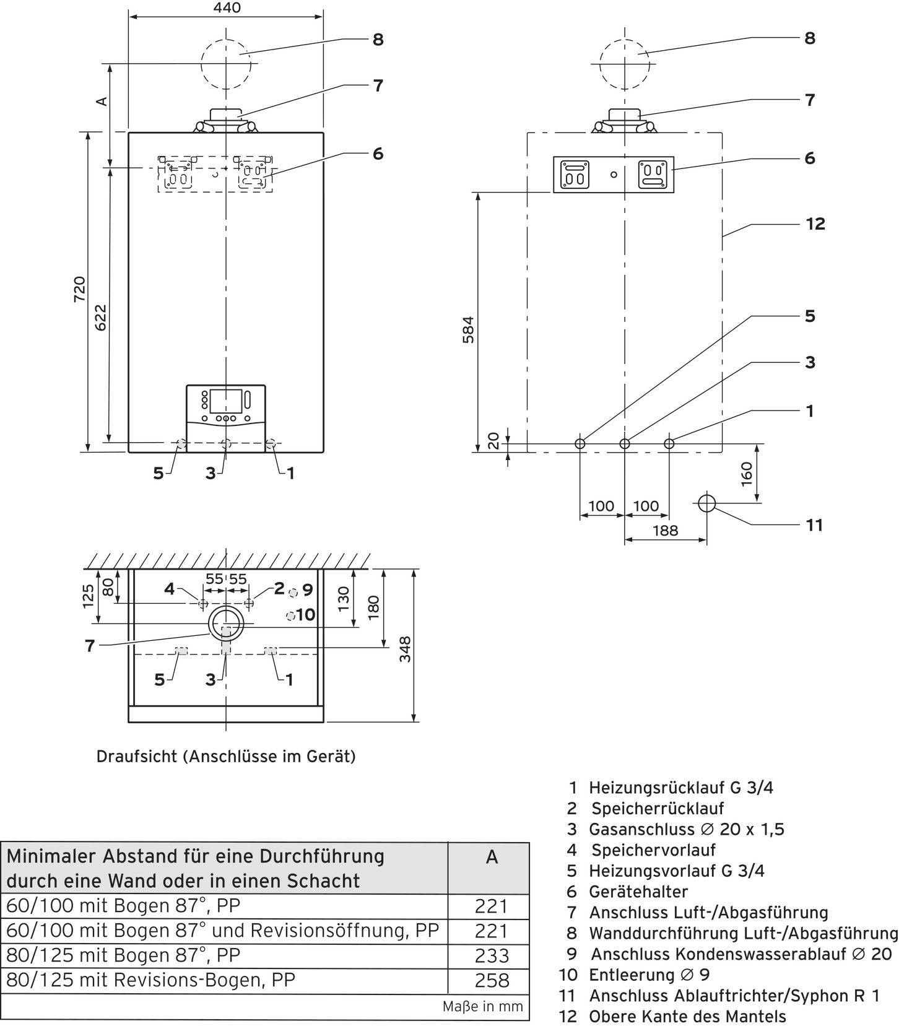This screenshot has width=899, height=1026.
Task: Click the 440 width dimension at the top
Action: click(x=226, y=8)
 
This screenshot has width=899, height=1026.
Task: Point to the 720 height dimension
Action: click(x=80, y=289)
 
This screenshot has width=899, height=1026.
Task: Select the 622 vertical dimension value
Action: click(x=101, y=316)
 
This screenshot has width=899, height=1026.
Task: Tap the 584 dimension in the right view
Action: click(x=469, y=329)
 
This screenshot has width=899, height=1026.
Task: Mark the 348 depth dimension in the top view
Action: click(x=405, y=649)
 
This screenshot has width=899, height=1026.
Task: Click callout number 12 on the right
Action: click(x=815, y=224)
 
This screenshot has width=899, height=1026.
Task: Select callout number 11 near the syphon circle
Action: click(x=814, y=525)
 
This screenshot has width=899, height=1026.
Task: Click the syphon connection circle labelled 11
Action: click(x=706, y=503)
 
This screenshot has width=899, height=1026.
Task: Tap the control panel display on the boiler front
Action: click(x=225, y=401)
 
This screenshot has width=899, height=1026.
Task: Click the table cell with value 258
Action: click(x=492, y=980)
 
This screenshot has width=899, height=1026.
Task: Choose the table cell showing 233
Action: click(x=492, y=955)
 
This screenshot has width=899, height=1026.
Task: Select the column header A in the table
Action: click(x=492, y=857)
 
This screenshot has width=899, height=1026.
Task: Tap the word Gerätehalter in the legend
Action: click(x=638, y=892)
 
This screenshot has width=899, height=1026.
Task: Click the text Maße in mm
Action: click(x=482, y=1007)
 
